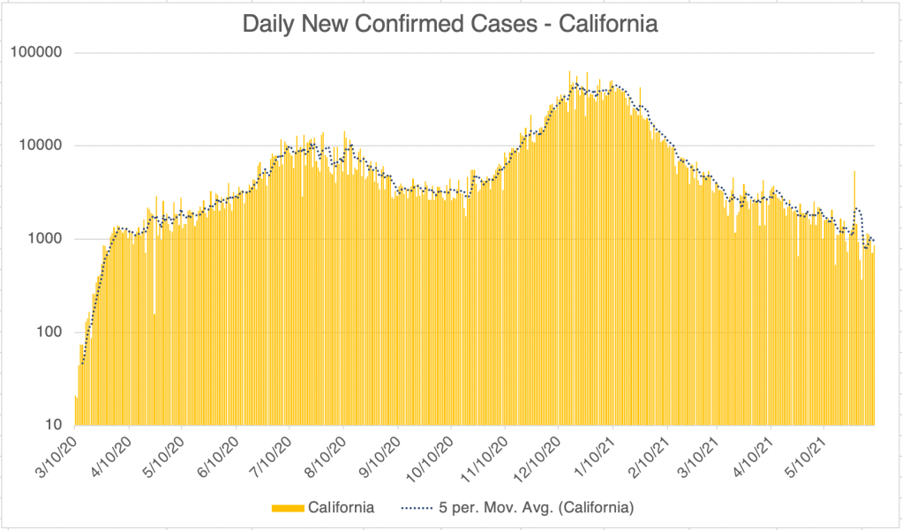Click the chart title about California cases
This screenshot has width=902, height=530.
pyautogui.click(x=450, y=24)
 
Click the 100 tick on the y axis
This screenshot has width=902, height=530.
pyautogui.click(x=56, y=332)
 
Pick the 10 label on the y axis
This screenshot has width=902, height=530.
pyautogui.click(x=59, y=425)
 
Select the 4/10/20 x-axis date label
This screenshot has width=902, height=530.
pyautogui.click(x=114, y=450)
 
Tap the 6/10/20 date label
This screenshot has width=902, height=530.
pyautogui.click(x=221, y=450)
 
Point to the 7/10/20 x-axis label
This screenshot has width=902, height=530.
pyautogui.click(x=274, y=450)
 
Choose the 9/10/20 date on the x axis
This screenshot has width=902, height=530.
pyautogui.click(x=381, y=450)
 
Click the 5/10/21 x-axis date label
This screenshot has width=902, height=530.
pyautogui.click(x=808, y=450)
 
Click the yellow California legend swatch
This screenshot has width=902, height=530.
pyautogui.click(x=288, y=507)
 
